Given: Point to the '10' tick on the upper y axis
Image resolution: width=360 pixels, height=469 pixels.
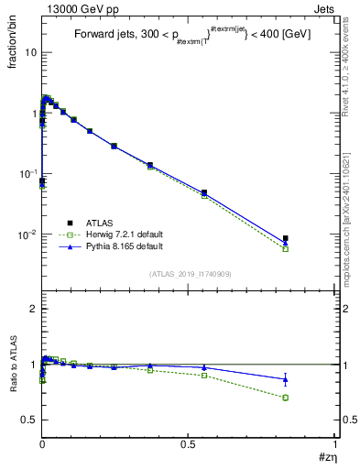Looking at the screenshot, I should point(30,52).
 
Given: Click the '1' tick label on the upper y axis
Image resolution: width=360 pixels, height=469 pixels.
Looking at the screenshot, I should point(33,113).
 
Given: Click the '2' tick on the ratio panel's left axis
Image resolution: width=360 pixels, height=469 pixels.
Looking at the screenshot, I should point(33,309).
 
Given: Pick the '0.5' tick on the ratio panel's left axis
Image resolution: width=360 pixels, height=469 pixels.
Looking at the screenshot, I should point(28,420).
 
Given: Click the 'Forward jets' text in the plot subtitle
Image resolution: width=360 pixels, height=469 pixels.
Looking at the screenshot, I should point(101,34).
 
